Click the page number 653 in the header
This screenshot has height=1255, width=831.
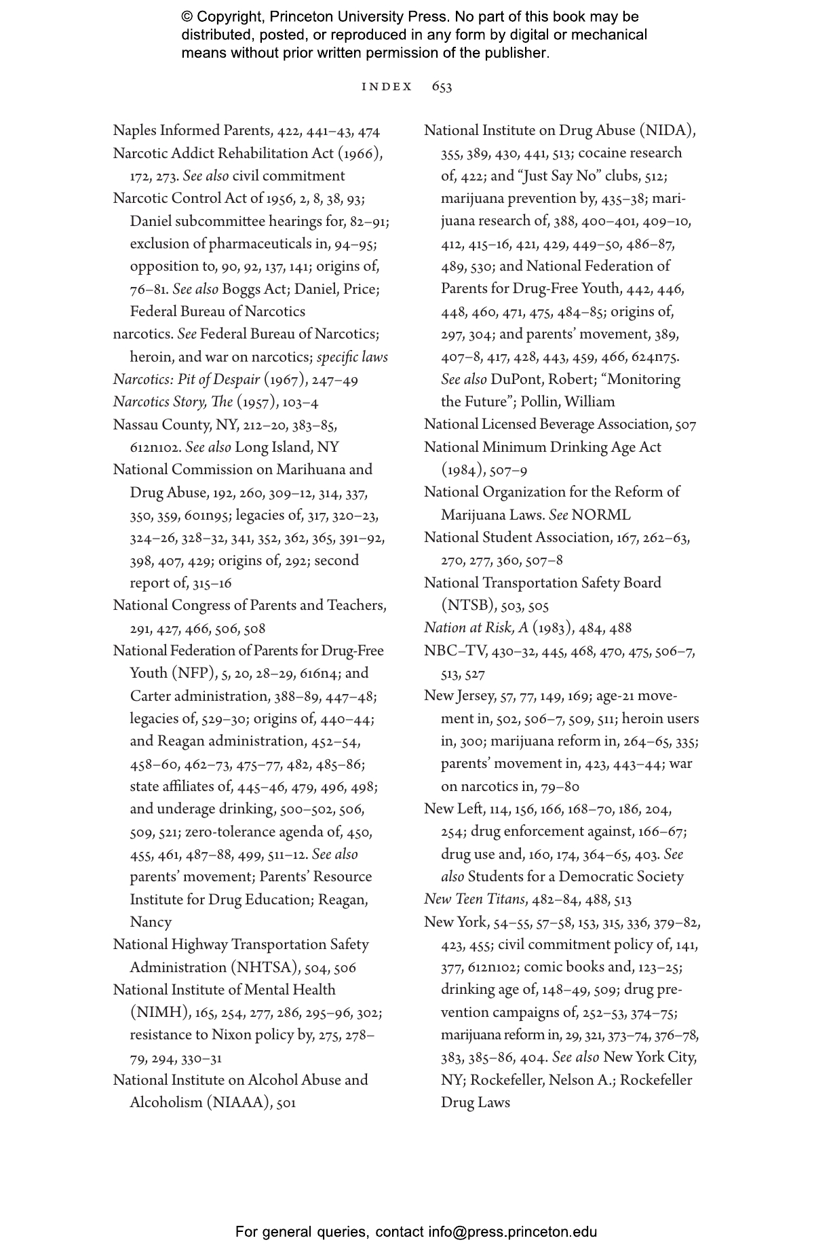point(442,87)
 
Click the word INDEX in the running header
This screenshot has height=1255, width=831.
point(387,87)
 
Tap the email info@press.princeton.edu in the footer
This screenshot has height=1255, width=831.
point(512,1232)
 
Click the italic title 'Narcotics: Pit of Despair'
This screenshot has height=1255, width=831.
point(186,380)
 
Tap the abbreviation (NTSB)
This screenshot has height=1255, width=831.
point(468,606)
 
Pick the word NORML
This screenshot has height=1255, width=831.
point(600,515)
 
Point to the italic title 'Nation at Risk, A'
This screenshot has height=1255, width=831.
point(476,628)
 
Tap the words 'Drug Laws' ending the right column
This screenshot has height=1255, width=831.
point(475,1103)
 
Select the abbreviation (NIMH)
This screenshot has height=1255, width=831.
point(159,1013)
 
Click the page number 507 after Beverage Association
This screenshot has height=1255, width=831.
point(685,425)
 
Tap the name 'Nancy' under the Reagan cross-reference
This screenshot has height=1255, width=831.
point(151,923)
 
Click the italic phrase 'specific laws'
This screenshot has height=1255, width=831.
point(352,358)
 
